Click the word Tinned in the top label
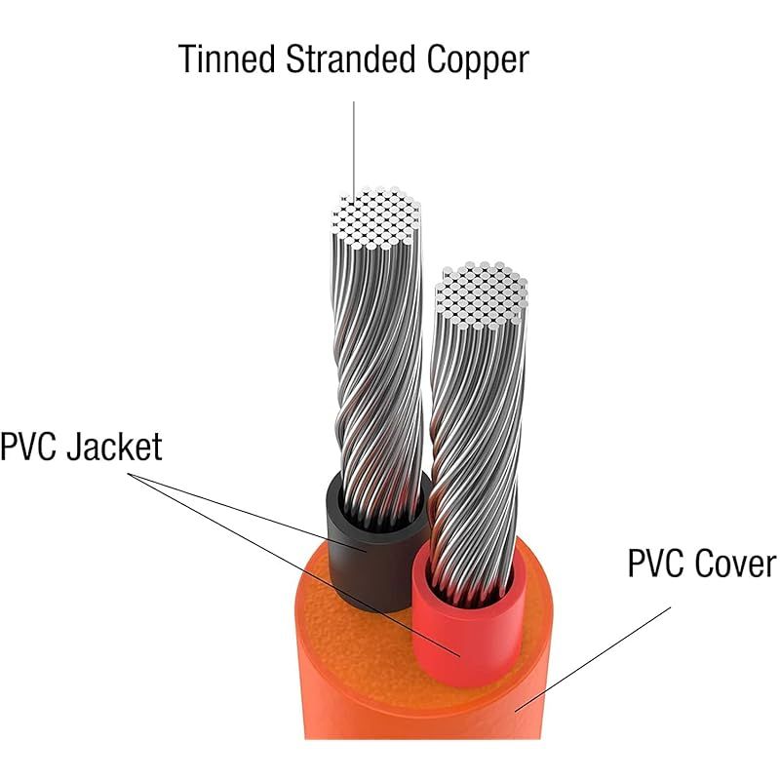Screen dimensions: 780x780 click(227, 58)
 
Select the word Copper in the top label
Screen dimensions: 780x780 click(478, 60)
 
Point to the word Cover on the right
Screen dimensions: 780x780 click(735, 564)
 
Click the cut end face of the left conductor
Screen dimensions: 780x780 click(376, 217)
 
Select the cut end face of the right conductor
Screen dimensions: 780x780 click(481, 295)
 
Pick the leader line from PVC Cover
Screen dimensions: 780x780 click(593, 660)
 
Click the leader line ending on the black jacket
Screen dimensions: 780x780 click(248, 513)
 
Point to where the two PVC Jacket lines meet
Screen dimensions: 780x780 click(129, 474)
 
